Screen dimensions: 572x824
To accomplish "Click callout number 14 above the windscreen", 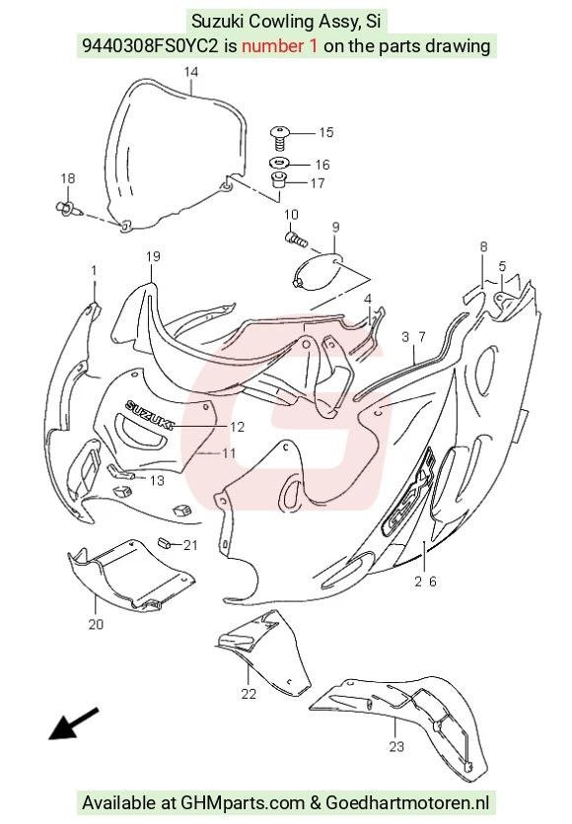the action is click(x=191, y=72).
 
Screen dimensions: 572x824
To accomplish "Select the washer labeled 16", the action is click(x=280, y=163).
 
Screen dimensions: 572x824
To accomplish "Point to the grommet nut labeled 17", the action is click(x=278, y=180).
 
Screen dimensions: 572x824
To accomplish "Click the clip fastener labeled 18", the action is click(x=67, y=208).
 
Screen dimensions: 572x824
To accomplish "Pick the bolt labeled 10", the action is click(x=297, y=240).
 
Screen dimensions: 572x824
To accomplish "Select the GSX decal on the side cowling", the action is click(x=409, y=492).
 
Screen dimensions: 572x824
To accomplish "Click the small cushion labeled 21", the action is click(x=165, y=542).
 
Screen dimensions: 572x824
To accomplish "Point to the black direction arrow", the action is click(x=74, y=723).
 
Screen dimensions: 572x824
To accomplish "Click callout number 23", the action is click(x=396, y=746).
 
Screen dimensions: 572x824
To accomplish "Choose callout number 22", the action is click(x=249, y=694).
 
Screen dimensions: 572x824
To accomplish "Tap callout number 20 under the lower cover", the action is click(x=96, y=624).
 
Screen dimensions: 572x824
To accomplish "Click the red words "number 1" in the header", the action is click(x=280, y=45).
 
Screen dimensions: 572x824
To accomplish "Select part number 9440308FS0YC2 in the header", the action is click(x=150, y=46).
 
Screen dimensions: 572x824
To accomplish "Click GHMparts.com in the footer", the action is click(x=243, y=802).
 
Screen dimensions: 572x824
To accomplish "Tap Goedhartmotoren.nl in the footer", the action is click(x=407, y=802).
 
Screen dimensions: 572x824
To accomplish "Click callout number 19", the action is click(x=153, y=256).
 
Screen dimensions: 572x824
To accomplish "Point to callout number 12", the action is click(x=238, y=427).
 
